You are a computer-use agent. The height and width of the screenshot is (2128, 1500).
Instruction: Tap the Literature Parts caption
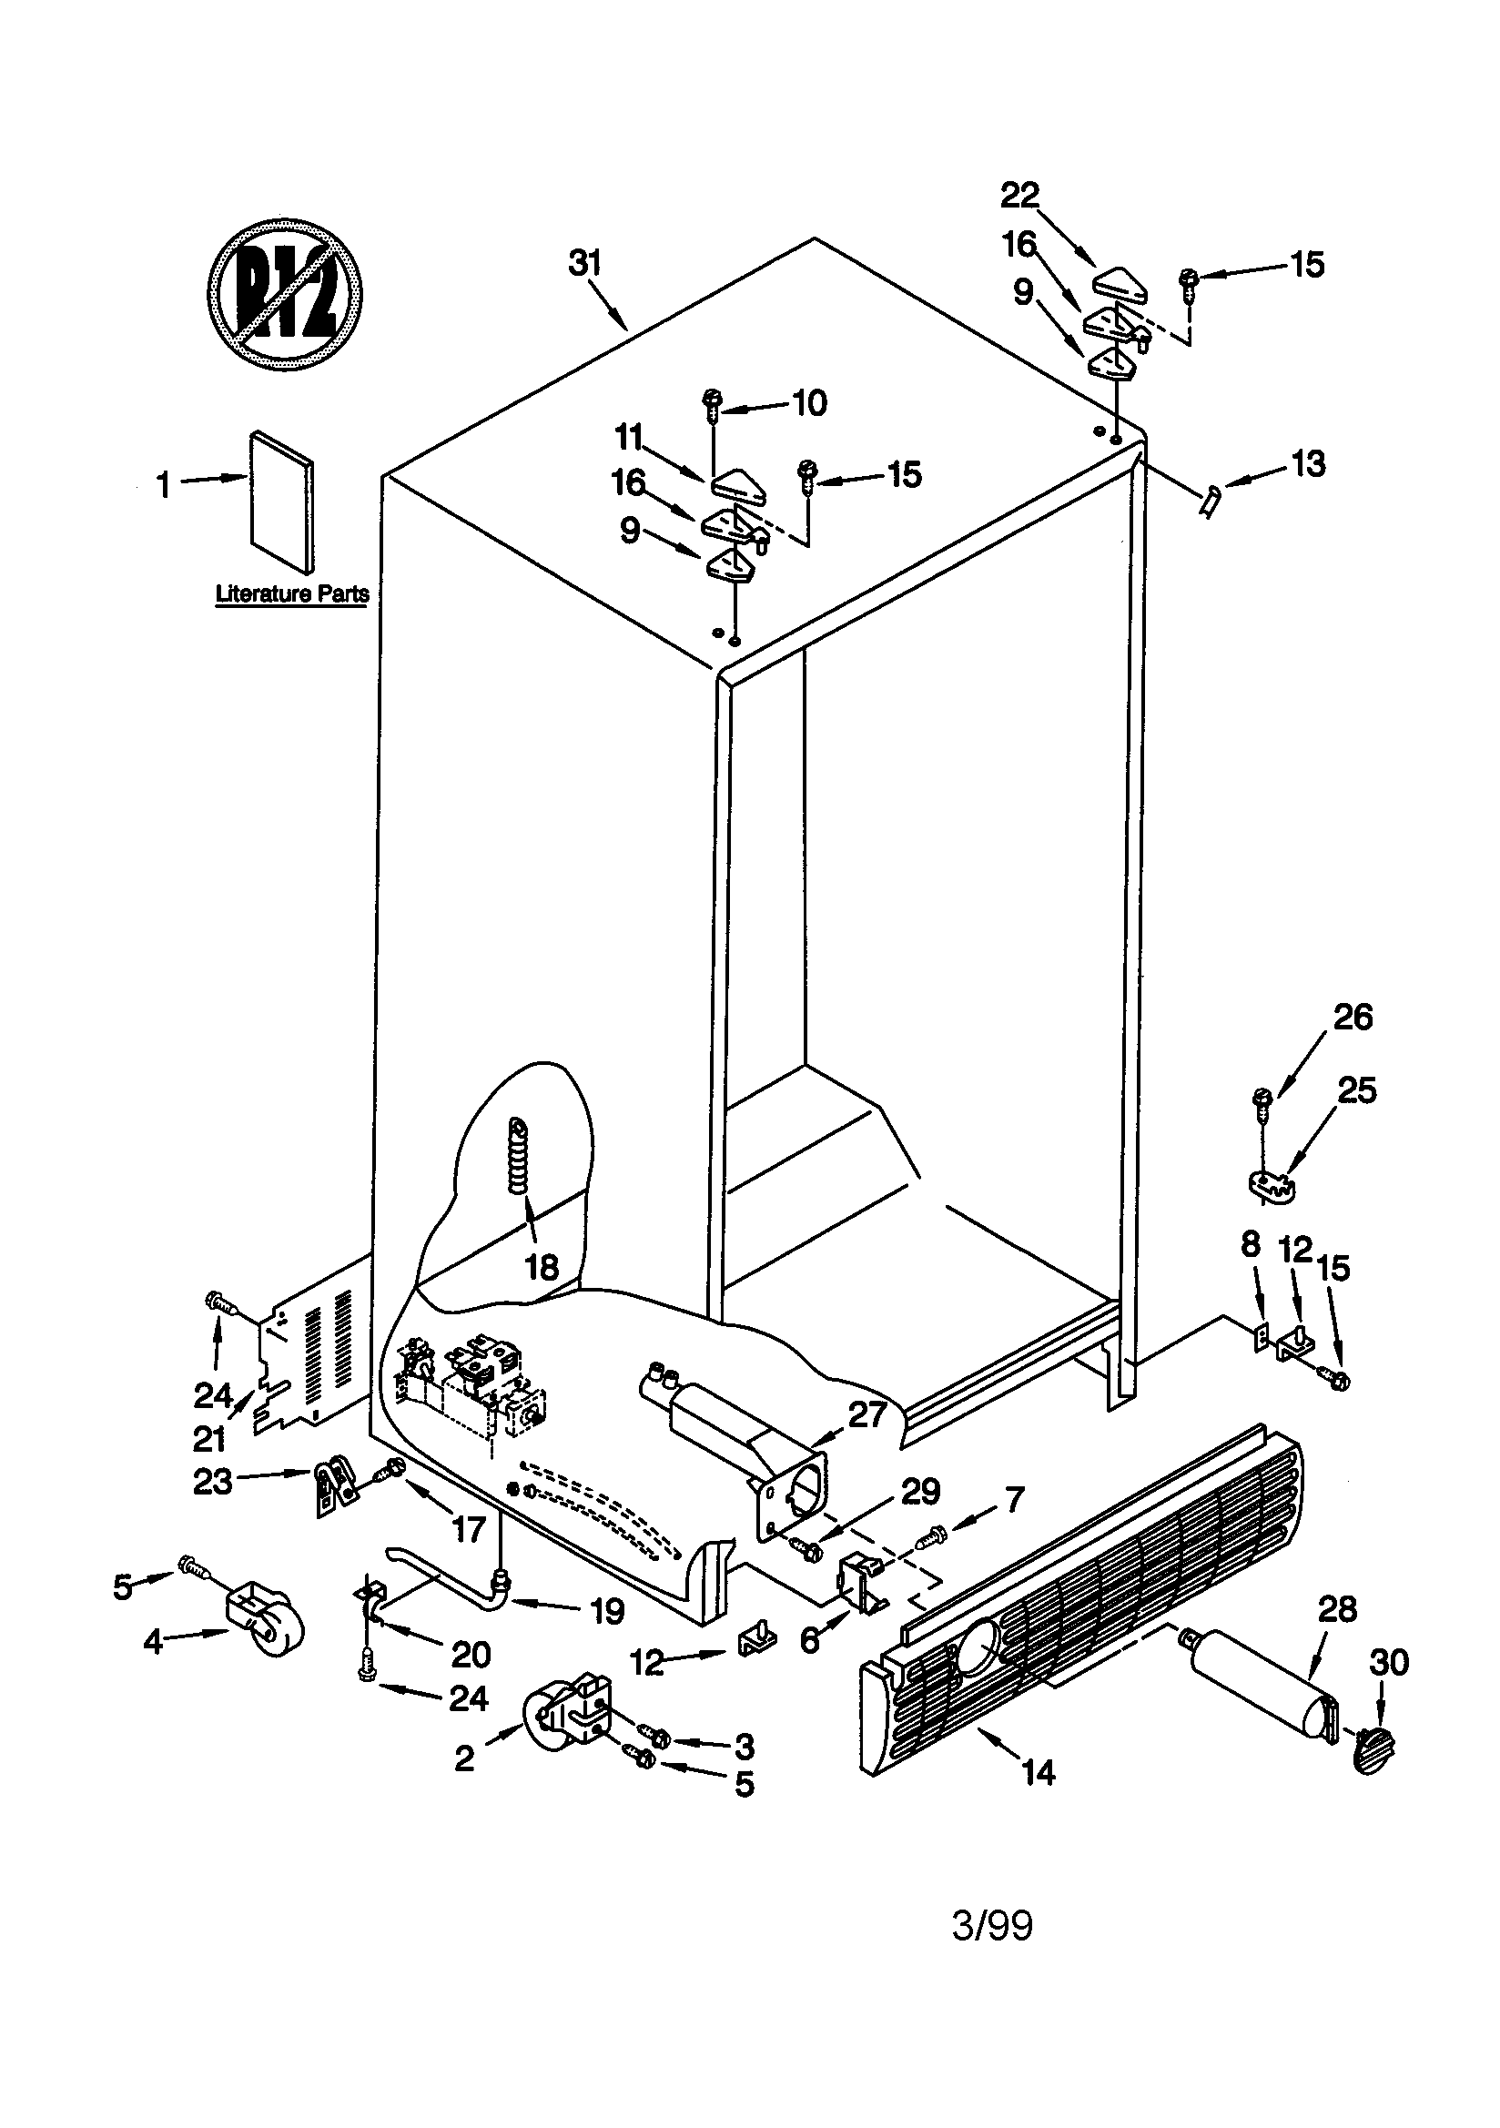292,594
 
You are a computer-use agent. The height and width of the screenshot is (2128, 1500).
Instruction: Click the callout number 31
585,263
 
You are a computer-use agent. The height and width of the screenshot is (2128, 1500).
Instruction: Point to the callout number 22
1019,196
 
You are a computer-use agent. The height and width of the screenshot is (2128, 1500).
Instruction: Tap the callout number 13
1308,463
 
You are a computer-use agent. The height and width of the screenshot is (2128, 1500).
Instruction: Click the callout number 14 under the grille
1039,1773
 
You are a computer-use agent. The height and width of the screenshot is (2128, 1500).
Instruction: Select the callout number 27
867,1414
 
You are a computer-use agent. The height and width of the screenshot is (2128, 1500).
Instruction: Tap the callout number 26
1353,1017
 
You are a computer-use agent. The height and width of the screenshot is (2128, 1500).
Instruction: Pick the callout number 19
607,1612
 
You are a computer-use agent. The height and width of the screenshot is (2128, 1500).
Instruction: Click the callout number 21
209,1438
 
